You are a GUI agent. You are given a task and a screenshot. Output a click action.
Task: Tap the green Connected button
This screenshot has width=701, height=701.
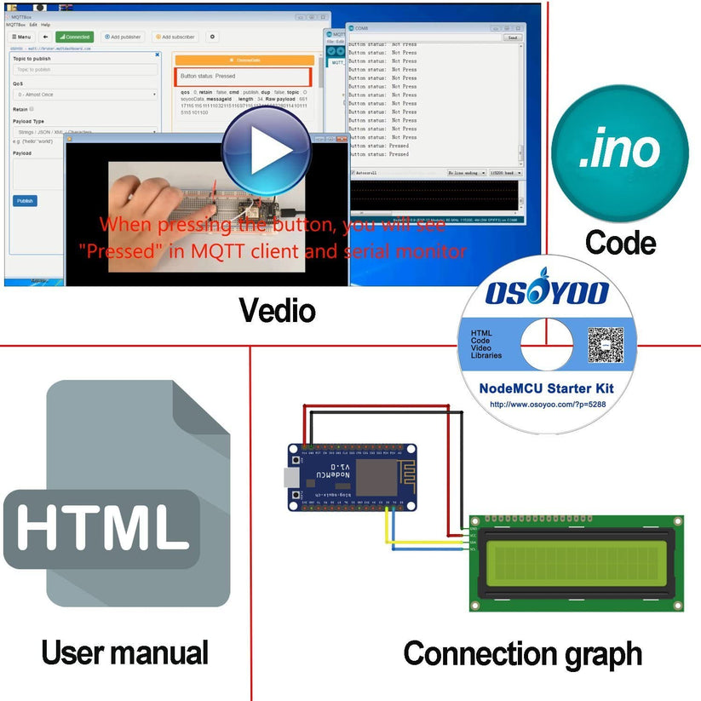click(74, 37)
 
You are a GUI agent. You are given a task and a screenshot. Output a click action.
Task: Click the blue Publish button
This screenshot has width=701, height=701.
click(25, 201)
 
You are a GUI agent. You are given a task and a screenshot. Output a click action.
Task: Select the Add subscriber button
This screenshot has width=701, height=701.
click(175, 37)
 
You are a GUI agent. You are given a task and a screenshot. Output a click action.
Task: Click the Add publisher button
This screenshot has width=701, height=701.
click(123, 37)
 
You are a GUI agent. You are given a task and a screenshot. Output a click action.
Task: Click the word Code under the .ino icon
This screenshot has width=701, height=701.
click(620, 243)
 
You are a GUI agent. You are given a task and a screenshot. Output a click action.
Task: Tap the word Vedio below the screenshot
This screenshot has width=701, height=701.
click(277, 310)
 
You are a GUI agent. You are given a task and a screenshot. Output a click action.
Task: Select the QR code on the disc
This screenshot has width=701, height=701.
click(605, 345)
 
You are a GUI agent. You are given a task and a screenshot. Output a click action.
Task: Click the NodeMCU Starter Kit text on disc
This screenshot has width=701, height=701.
click(546, 388)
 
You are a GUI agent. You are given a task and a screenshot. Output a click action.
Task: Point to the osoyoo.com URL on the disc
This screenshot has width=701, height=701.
click(546, 404)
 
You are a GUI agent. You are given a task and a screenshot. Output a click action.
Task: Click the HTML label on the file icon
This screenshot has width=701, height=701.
click(102, 526)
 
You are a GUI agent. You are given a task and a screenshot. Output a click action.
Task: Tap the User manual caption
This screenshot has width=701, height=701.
click(124, 653)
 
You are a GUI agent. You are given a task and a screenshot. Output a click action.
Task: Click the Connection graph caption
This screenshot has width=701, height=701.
click(522, 654)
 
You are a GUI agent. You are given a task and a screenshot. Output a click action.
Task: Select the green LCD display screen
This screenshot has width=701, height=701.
click(577, 562)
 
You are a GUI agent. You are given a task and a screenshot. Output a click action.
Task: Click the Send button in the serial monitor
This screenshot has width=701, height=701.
click(512, 37)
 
